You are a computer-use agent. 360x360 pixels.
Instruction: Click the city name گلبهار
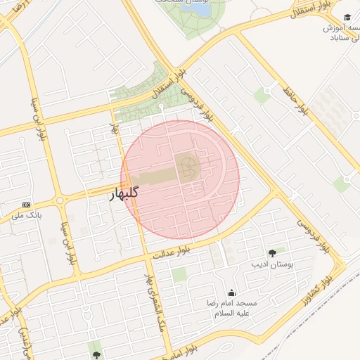pyautogui.click(x=124, y=193)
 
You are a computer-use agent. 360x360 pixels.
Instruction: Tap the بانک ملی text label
pyautogui.click(x=26, y=214)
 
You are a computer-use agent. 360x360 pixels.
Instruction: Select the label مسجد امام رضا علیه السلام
pyautogui.click(x=231, y=308)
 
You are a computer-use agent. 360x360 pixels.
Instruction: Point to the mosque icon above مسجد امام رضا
pyautogui.click(x=232, y=293)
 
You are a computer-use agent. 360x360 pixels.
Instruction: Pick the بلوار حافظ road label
pyautogui.click(x=295, y=101)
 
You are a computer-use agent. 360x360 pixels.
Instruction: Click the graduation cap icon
pyautogui.click(x=347, y=18)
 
